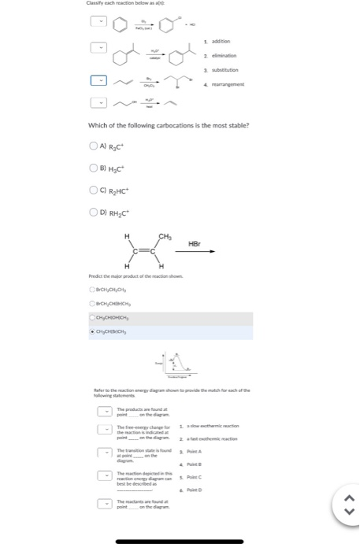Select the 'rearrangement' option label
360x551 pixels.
coord(225,84)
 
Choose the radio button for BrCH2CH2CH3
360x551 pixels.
coord(93,290)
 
